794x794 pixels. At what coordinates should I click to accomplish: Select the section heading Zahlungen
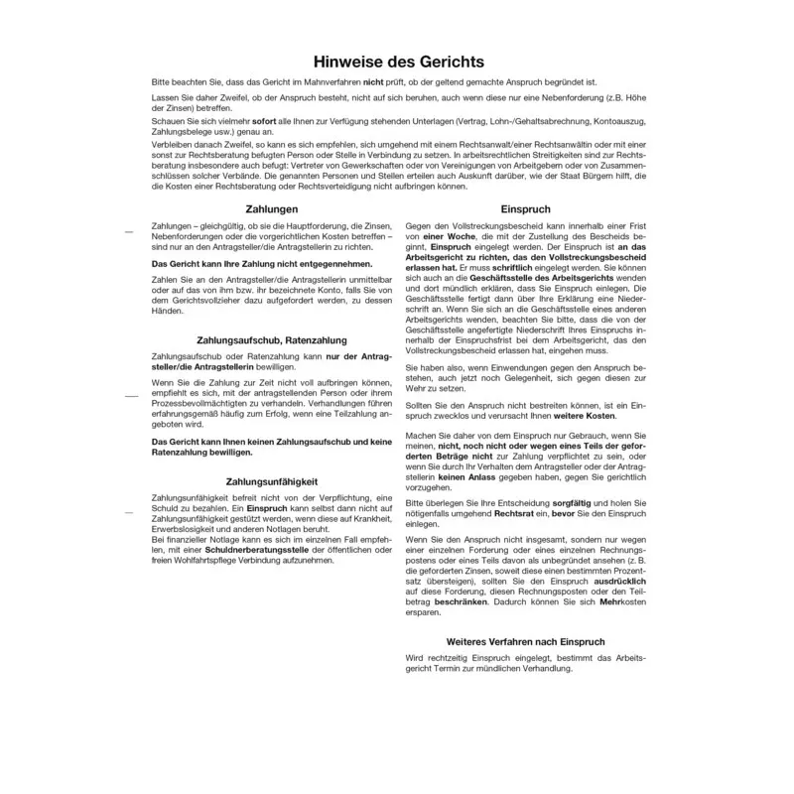[272, 208]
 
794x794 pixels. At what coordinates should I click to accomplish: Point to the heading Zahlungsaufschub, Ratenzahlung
[272, 340]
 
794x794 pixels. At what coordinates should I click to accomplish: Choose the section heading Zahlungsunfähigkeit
[272, 481]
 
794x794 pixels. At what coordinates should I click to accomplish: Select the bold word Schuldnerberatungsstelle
[259, 549]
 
